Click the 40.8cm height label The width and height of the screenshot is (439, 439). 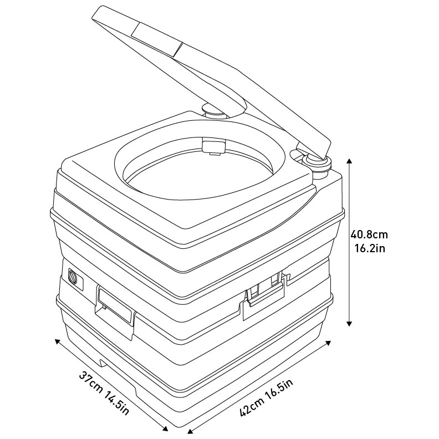(369, 234)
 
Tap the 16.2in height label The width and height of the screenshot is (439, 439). (370, 248)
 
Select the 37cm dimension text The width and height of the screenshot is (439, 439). (91, 382)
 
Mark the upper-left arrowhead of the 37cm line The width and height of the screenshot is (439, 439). (58, 341)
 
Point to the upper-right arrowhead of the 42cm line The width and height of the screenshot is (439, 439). (328, 343)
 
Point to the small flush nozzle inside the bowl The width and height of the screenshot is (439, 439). (214, 147)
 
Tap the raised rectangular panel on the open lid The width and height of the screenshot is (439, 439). (157, 39)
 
